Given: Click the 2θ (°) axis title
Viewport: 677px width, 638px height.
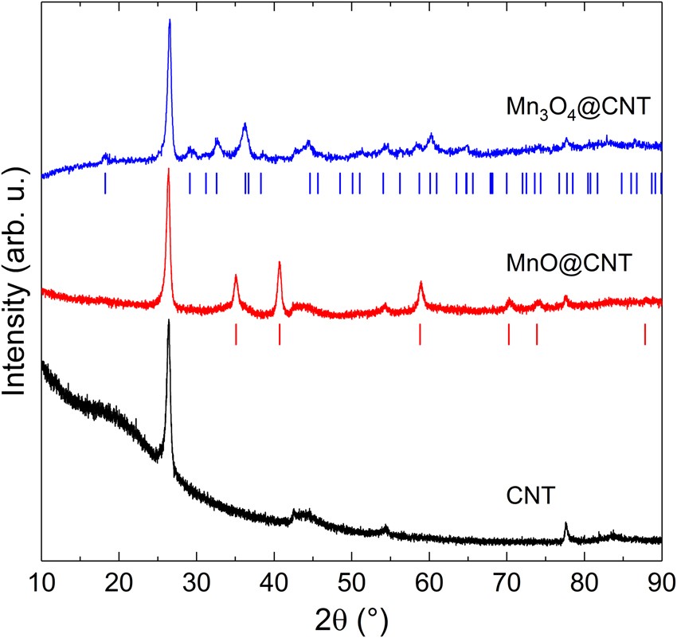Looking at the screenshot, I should pos(351,616).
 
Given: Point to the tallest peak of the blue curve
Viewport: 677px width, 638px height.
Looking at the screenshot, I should pos(170,22).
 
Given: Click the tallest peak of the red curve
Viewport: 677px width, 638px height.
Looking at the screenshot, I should pos(168,170).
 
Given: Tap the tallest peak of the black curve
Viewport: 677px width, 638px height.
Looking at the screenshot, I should pos(169,322).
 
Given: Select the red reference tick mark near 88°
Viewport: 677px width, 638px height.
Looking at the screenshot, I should pos(645,335).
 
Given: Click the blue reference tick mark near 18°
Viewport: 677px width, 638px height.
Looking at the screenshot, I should pos(105,184).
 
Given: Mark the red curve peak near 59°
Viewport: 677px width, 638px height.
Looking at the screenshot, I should pos(421,283).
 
